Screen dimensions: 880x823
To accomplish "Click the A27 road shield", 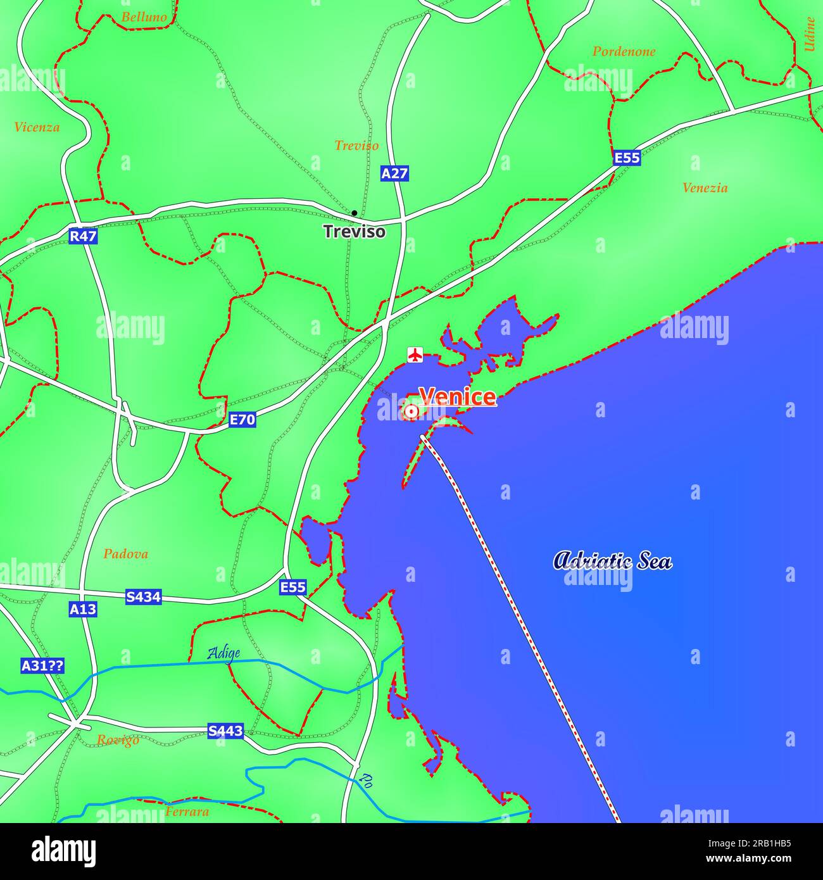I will coord(394,173).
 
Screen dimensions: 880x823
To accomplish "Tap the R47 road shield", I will coord(83,236).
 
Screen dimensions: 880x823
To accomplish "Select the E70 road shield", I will coord(242,419).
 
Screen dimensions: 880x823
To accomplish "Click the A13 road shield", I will coord(83,609).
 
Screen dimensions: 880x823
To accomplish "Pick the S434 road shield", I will coord(143,596).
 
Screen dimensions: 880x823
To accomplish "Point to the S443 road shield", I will coord(225,731).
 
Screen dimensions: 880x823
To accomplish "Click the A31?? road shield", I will coord(42,665).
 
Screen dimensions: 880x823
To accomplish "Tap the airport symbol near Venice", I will coord(415,355).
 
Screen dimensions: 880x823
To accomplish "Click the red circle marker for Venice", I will coord(411,413).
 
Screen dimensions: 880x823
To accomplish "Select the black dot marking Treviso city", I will coord(355,213).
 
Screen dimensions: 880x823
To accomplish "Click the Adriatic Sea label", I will coord(612,561).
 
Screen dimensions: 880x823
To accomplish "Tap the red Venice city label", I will coord(458,397).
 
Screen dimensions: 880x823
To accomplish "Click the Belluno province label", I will coord(144,17).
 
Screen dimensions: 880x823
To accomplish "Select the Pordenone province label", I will coord(624,52).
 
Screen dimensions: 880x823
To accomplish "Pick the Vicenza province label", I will coord(37,127).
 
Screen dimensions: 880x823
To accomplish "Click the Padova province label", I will coord(125,554).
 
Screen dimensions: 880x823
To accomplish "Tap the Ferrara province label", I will coord(187,812).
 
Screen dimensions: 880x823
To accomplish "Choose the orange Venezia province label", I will coord(705,188).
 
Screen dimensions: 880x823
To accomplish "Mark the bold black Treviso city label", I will coord(355,232).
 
